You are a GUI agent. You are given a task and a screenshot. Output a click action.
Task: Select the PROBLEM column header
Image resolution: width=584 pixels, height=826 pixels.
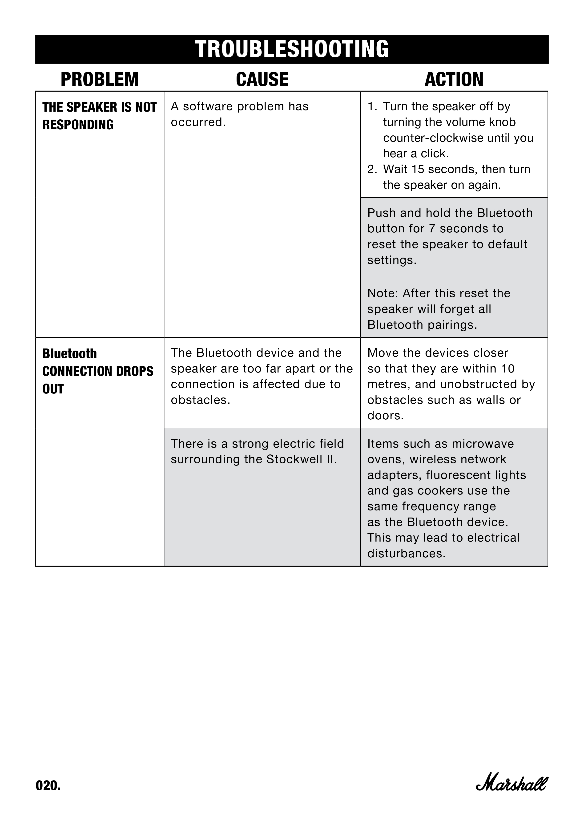pyautogui.click(x=100, y=80)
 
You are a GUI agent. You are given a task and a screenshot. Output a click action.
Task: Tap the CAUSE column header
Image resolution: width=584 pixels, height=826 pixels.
pyautogui.click(x=262, y=80)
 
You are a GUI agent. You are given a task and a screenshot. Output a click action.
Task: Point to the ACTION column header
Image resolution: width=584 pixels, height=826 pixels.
pyautogui.click(x=454, y=80)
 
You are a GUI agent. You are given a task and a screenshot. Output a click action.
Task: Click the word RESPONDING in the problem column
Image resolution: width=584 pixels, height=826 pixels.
pyautogui.click(x=78, y=125)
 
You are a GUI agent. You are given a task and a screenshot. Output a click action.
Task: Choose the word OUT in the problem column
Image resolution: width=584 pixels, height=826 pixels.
pyautogui.click(x=53, y=389)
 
